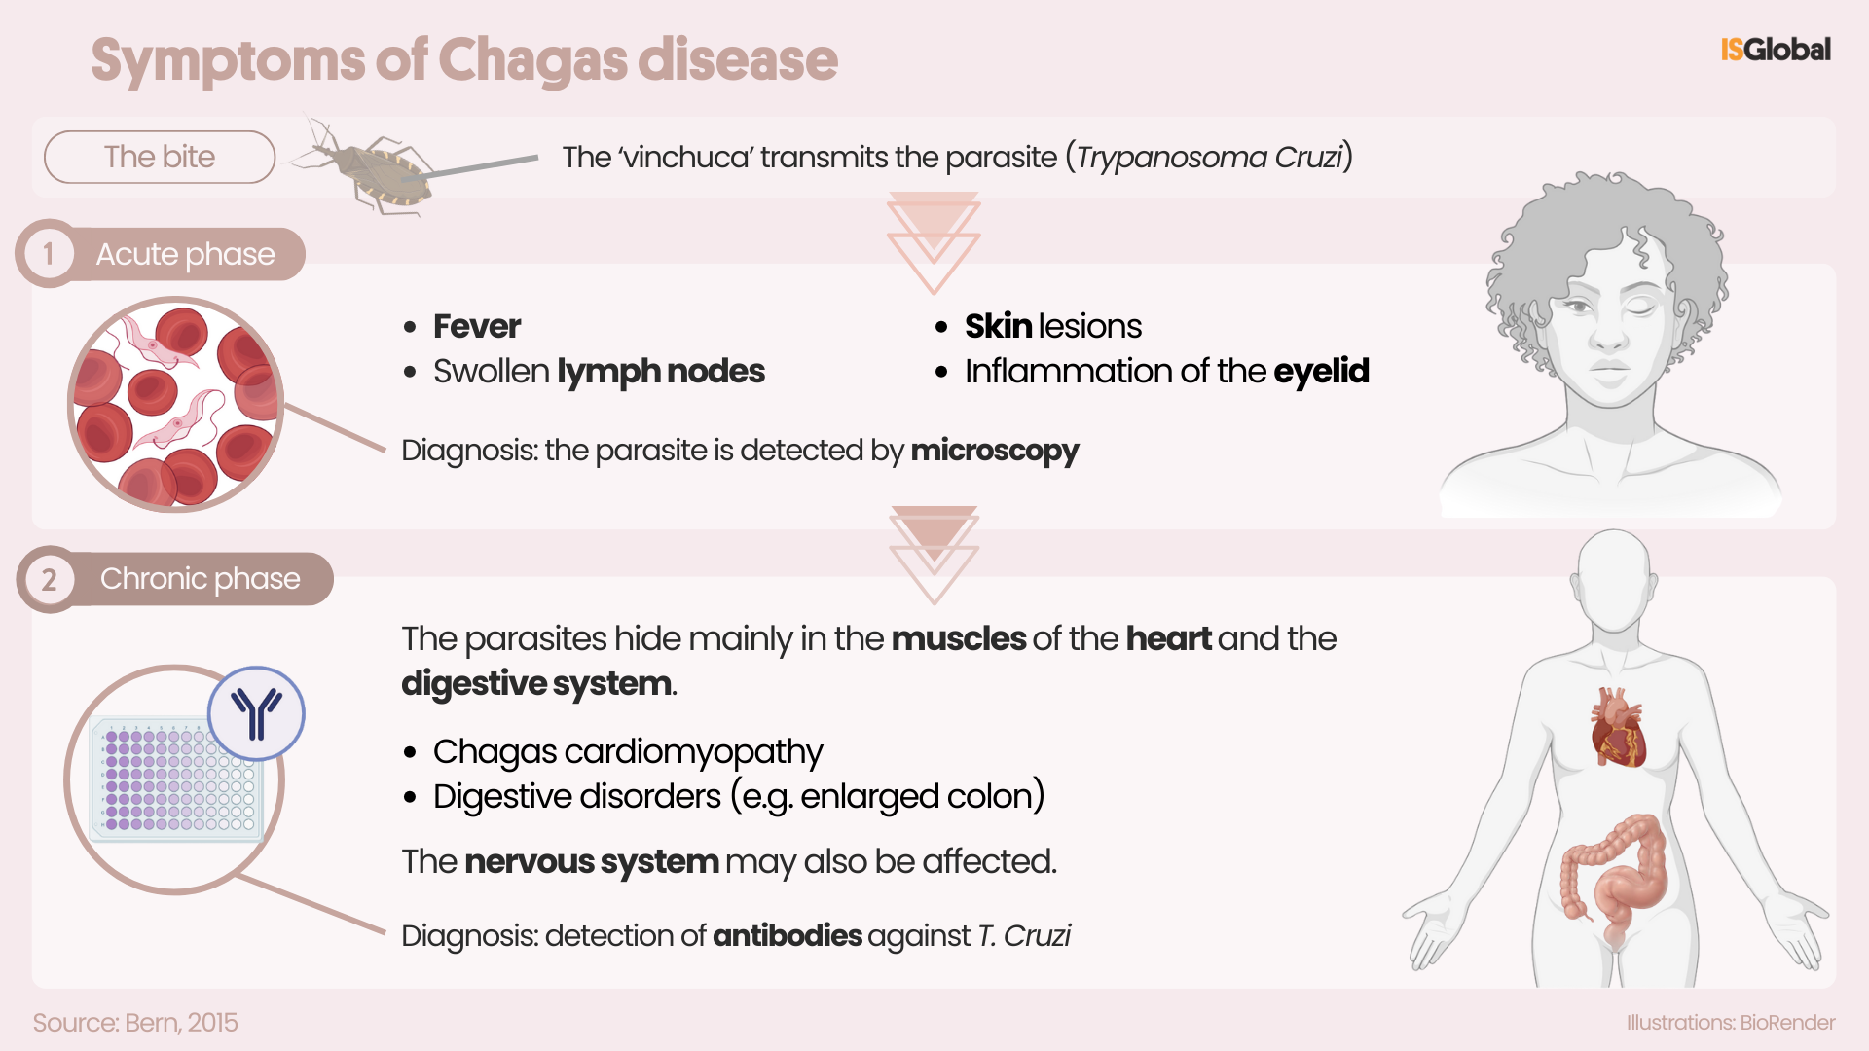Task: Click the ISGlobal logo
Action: (1776, 50)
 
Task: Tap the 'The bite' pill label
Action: (160, 157)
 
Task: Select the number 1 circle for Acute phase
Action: (47, 254)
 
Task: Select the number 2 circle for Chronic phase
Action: (48, 579)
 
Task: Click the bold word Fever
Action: (477, 326)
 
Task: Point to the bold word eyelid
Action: (1321, 372)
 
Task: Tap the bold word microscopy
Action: (995, 452)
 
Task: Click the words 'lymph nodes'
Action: (661, 372)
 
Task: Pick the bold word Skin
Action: (998, 326)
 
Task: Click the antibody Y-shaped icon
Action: (256, 713)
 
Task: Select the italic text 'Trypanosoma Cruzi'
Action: (1209, 158)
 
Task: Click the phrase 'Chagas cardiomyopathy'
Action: (628, 752)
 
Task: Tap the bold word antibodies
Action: (788, 936)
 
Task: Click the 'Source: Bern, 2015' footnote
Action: (135, 1023)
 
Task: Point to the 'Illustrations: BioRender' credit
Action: (1731, 1023)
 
